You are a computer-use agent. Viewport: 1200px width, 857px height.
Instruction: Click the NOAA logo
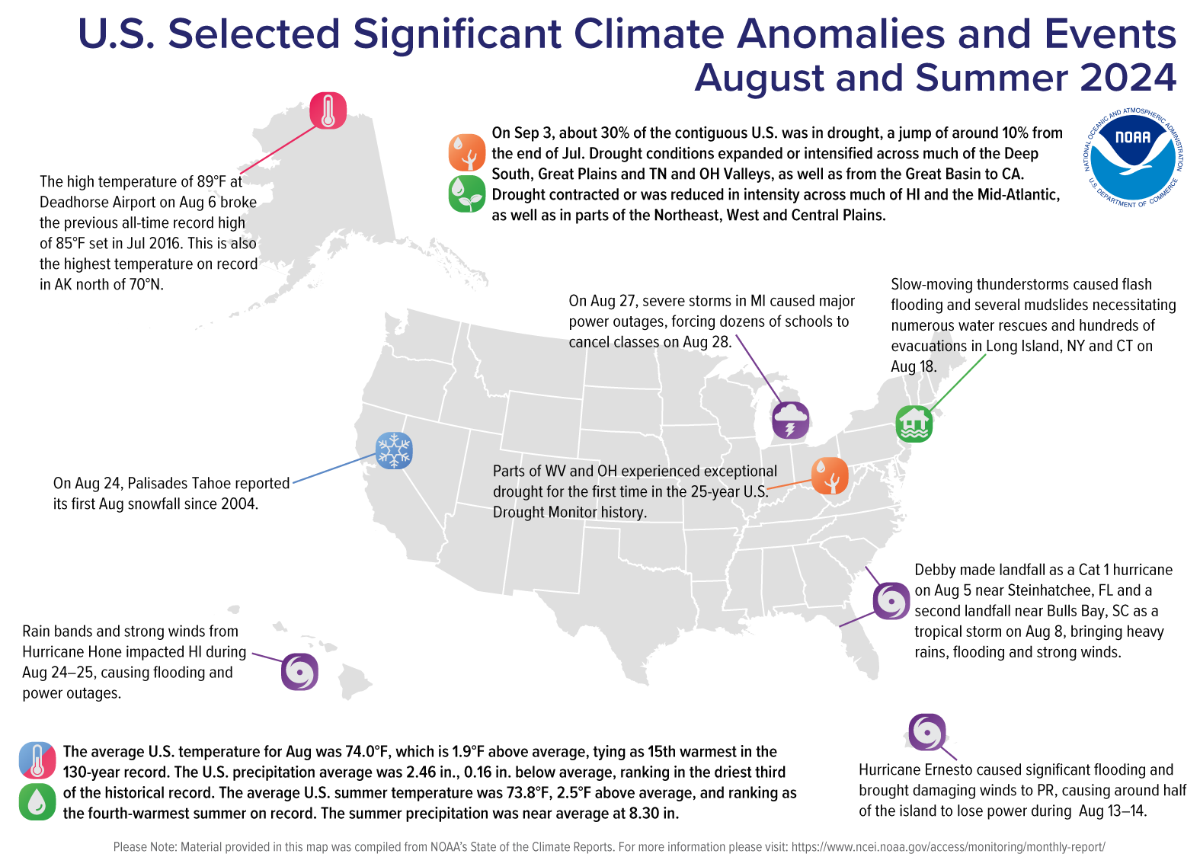coord(1133,157)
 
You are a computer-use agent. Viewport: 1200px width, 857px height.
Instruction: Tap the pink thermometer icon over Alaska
coord(328,110)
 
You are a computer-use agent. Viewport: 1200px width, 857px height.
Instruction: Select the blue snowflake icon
coord(394,450)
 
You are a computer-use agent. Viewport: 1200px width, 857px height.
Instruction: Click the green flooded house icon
coord(914,424)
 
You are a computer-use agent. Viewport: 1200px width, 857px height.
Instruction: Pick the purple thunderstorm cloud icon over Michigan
coord(790,420)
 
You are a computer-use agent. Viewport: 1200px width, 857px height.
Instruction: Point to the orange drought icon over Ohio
coord(830,476)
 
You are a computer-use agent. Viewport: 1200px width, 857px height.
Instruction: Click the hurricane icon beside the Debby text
coord(891,601)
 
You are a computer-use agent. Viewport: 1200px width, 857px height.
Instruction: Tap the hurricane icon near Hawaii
coord(299,672)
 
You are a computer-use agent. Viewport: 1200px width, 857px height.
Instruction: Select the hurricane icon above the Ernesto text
coord(927,732)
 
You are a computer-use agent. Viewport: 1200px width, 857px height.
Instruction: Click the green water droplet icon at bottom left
coord(37,801)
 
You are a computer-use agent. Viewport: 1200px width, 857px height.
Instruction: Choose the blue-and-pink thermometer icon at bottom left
coord(37,760)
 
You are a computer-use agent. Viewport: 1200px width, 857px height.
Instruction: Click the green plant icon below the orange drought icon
coord(467,193)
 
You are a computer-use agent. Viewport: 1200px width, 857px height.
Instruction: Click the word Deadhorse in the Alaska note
coord(75,203)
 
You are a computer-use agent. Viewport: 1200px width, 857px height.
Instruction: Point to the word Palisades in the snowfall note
coord(159,484)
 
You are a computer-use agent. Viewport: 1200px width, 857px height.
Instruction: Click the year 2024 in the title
coord(1128,78)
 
